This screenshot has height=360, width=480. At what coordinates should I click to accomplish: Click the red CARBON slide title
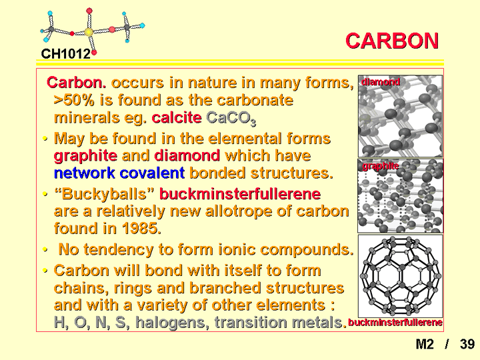(392, 41)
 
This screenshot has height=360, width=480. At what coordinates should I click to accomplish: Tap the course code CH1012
(66, 54)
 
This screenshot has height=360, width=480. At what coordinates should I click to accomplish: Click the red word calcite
(177, 118)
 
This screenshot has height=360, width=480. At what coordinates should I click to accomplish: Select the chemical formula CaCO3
(231, 119)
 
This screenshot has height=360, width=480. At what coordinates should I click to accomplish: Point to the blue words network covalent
(119, 173)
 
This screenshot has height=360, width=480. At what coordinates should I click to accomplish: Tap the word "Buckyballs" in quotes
(104, 194)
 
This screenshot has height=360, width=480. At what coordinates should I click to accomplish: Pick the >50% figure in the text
(74, 100)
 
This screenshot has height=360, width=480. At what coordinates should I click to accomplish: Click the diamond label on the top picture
(381, 82)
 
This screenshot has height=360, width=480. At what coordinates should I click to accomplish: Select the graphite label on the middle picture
(381, 166)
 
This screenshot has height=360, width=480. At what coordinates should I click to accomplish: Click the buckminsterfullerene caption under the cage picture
(395, 323)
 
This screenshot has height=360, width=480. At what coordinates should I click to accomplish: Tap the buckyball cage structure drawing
(401, 276)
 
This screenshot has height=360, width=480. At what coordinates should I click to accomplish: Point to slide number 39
(467, 344)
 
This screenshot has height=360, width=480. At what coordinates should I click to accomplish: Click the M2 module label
(425, 344)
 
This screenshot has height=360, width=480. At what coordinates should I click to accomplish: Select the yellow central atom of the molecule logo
(89, 32)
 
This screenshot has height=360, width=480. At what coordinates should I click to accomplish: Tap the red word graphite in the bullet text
(85, 156)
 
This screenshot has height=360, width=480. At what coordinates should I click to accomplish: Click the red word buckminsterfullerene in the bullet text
(240, 194)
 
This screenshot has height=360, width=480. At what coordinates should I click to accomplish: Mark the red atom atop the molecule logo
(89, 11)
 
